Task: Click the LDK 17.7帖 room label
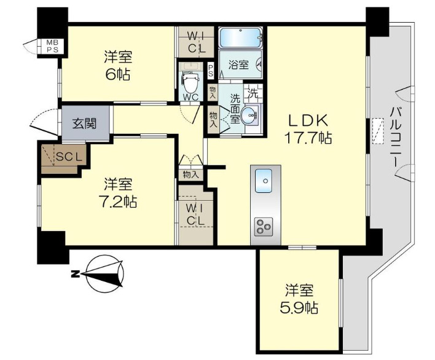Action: [308, 129]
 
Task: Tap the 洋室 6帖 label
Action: [118, 66]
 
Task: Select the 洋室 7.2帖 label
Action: [118, 193]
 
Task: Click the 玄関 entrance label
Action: [84, 123]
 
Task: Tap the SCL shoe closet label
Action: [69, 157]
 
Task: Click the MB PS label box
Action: [52, 46]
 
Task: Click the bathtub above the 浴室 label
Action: [240, 37]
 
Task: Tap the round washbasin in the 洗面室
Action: [249, 114]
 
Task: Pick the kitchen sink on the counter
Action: [264, 181]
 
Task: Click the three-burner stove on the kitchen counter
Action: [264, 227]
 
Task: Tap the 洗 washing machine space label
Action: [253, 93]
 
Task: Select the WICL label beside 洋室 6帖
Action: [197, 42]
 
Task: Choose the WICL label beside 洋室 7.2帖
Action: [195, 214]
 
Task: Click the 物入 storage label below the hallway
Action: [191, 174]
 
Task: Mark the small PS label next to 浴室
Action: [211, 71]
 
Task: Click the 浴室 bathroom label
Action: [238, 65]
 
